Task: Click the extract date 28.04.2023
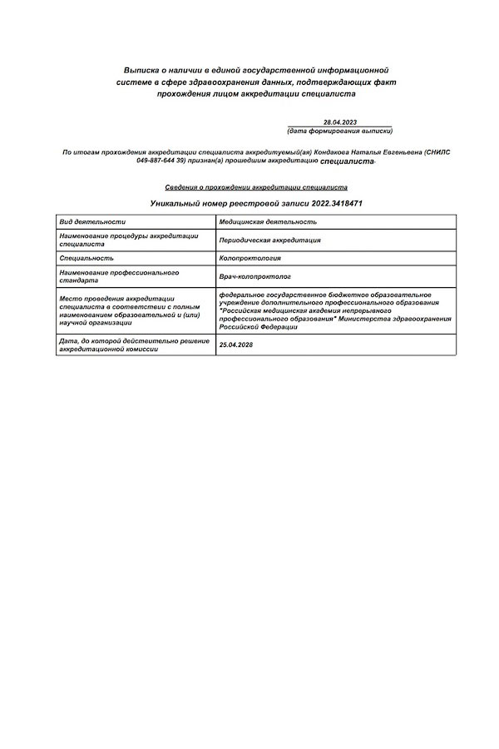340,122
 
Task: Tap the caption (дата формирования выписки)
339,131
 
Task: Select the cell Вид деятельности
92,222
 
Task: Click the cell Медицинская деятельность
268,222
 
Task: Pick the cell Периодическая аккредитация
270,240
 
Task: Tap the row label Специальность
86,259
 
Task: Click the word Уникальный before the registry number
176,203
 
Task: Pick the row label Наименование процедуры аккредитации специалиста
128,240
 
